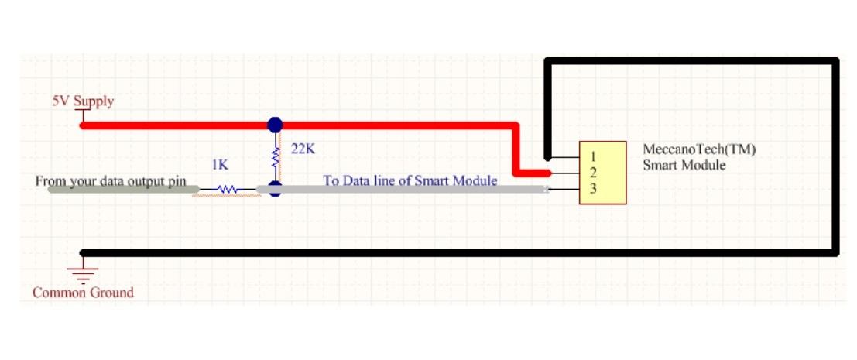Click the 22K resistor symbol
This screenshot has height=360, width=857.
coord(275,157)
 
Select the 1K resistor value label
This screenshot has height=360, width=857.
coord(220,165)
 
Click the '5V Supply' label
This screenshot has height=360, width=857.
coord(82,101)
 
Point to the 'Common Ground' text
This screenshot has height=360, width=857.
coord(83,293)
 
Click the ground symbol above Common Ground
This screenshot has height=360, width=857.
coord(83,269)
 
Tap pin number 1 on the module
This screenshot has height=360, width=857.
coord(593,158)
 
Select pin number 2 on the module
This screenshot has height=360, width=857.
coord(593,173)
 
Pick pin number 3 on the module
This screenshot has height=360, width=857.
coord(593,188)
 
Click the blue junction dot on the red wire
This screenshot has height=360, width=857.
coord(275,125)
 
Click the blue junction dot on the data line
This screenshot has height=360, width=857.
coord(275,189)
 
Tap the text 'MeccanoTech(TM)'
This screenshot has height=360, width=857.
coord(699,150)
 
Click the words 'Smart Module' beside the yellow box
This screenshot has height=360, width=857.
coord(684,165)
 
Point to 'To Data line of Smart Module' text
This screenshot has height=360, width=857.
coord(410,181)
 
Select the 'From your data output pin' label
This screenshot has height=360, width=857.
coord(111,181)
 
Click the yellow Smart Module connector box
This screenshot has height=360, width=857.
coord(602,173)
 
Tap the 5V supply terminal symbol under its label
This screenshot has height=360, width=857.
coord(81,115)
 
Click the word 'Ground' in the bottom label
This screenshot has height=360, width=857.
coord(111,293)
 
